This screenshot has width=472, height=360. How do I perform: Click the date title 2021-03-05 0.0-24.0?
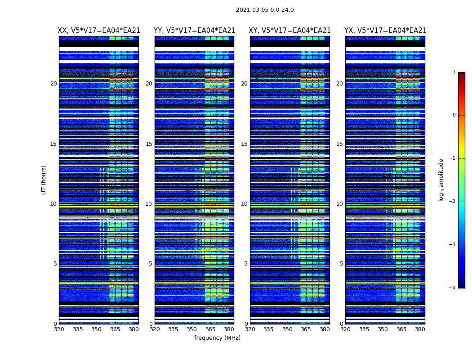265,10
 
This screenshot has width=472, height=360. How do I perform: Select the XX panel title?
99,31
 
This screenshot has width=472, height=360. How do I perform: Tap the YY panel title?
195,31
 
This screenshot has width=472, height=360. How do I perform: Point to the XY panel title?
290,31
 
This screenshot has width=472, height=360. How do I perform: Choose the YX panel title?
385,31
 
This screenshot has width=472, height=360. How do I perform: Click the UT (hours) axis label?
44,180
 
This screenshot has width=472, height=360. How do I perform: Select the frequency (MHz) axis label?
217,338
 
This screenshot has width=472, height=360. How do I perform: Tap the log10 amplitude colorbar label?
441,180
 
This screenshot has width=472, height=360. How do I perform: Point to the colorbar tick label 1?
454,72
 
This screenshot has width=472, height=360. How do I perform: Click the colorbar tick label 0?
454,115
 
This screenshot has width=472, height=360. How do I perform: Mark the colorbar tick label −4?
453,288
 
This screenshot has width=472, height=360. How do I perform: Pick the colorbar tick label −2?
453,202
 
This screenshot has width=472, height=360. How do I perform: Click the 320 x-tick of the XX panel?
59,329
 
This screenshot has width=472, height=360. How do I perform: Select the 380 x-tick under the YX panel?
420,329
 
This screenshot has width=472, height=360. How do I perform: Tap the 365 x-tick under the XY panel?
306,329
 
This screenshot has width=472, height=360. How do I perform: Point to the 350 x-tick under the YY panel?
192,329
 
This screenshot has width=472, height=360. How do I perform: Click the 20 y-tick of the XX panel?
53,84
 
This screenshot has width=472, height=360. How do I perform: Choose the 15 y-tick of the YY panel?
149,144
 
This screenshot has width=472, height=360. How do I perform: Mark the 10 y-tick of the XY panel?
244,204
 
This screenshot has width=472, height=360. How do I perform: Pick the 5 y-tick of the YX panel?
341,264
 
